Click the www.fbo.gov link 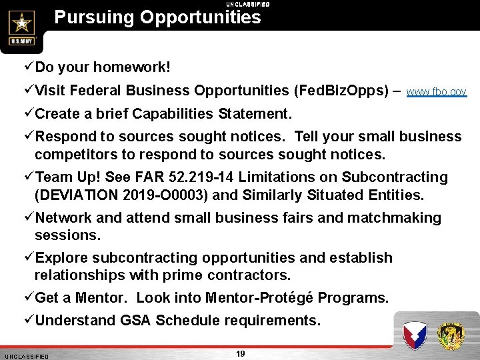pyautogui.click(x=436, y=92)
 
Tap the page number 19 pyautogui.click(x=240, y=353)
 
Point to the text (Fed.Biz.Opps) pyautogui.click(x=341, y=91)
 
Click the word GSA pyautogui.click(x=135, y=321)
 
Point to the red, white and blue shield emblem pyautogui.click(x=414, y=335)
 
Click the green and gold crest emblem pyautogui.click(x=451, y=335)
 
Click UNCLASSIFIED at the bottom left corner pyautogui.click(x=26, y=357)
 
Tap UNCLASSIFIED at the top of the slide pyautogui.click(x=247, y=4)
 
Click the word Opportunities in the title pyautogui.click(x=200, y=17)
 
